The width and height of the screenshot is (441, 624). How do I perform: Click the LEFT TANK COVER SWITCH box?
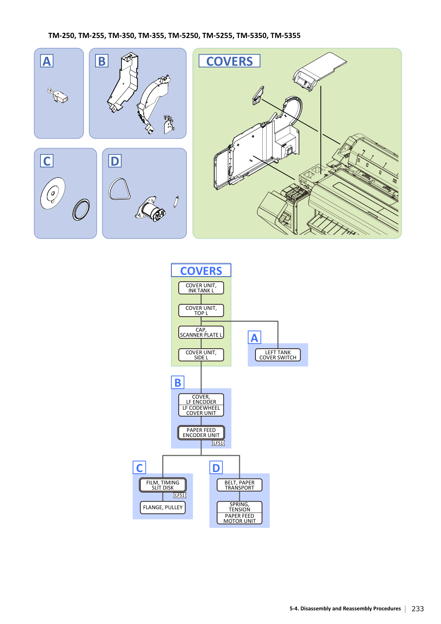[x=278, y=355]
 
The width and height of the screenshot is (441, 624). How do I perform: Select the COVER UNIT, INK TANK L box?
[x=201, y=288]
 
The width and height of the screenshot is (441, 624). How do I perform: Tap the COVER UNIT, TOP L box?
[x=201, y=310]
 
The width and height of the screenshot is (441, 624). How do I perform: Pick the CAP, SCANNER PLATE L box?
[x=201, y=332]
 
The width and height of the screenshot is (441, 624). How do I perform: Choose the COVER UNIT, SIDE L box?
[x=201, y=355]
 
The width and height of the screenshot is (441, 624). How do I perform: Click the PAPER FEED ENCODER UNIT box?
[x=201, y=433]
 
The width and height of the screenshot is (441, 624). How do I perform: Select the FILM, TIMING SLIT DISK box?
[x=162, y=485]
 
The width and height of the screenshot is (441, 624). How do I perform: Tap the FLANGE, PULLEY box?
[x=162, y=507]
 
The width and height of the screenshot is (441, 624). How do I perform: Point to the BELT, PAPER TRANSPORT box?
[x=239, y=485]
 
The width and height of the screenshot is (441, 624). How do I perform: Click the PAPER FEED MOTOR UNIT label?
[x=239, y=519]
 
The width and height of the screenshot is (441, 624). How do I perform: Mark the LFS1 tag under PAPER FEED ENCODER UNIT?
[x=218, y=443]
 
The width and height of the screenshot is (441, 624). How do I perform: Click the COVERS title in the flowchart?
[x=201, y=271]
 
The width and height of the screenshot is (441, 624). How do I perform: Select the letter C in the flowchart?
[x=139, y=468]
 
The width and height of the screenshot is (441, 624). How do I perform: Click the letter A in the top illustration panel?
[x=47, y=61]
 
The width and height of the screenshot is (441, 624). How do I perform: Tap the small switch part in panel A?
[x=58, y=96]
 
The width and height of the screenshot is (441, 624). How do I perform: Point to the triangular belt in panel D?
[x=119, y=189]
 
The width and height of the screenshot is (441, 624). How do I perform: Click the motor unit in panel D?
[x=151, y=209]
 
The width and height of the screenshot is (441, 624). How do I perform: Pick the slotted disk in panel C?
[x=53, y=193]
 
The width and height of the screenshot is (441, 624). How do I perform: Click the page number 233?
[x=418, y=609]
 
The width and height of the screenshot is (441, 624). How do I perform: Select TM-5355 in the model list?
[x=285, y=36]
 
